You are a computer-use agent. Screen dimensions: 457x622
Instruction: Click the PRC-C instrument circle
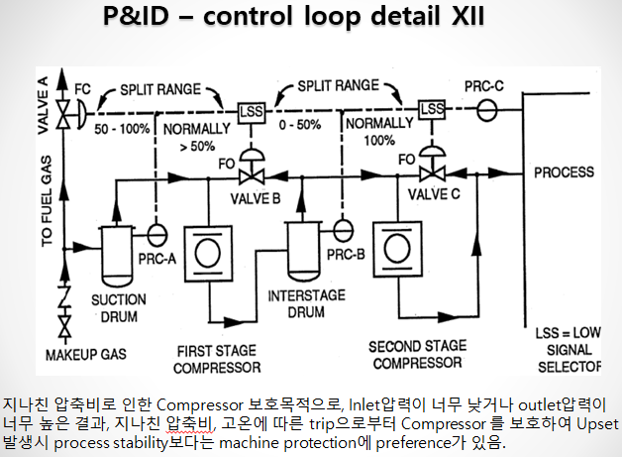pos(486,108)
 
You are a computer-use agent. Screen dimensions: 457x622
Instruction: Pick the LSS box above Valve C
pos(431,109)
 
